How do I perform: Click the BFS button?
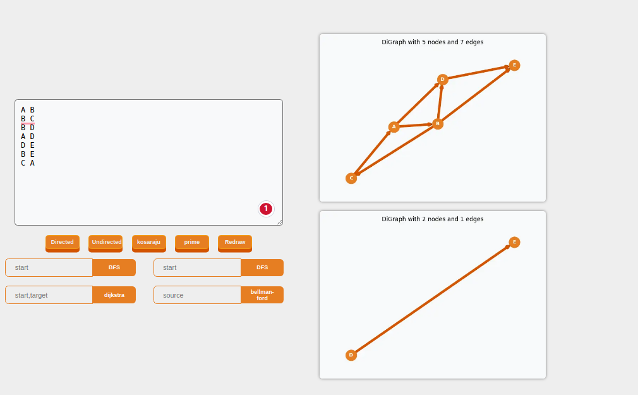click(x=114, y=267)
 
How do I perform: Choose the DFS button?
click(x=262, y=267)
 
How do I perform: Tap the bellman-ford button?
click(x=262, y=295)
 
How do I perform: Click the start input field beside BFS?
click(x=49, y=267)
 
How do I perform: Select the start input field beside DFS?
click(x=197, y=267)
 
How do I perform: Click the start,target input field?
click(x=49, y=295)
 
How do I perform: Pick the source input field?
click(x=197, y=295)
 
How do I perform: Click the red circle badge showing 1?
click(x=266, y=209)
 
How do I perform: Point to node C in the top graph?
click(x=351, y=178)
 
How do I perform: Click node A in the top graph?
click(x=394, y=127)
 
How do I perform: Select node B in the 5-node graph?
click(x=438, y=124)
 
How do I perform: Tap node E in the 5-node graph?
click(x=514, y=65)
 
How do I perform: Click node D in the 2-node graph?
click(x=351, y=355)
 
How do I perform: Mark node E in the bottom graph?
click(x=514, y=242)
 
